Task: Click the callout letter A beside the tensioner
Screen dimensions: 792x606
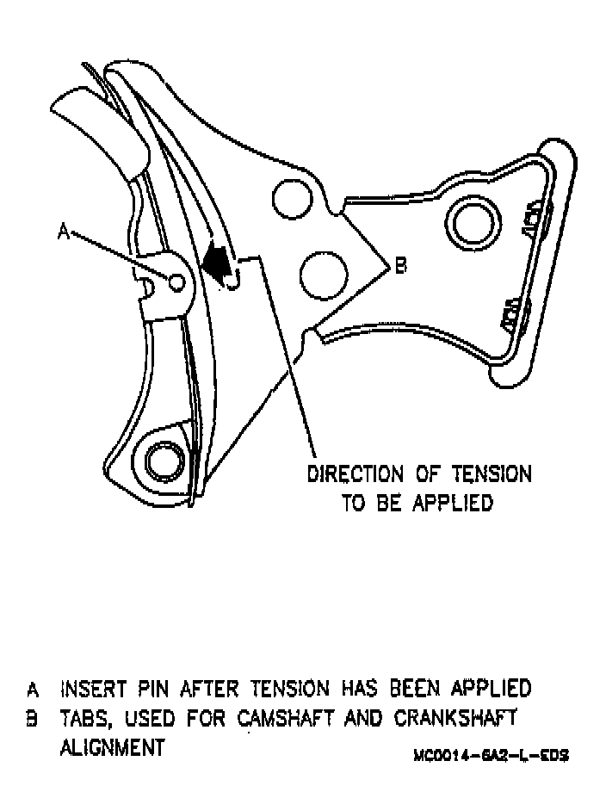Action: (x=62, y=231)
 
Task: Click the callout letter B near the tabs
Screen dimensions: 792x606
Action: (x=400, y=267)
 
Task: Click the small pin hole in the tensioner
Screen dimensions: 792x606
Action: (x=177, y=282)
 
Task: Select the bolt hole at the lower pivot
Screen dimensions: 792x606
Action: (x=160, y=462)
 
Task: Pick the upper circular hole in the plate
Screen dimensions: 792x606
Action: (x=290, y=198)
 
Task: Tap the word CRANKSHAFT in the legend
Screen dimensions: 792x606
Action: (x=464, y=718)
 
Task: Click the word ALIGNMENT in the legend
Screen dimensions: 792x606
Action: (x=112, y=747)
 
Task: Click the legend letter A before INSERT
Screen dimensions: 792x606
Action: (x=33, y=690)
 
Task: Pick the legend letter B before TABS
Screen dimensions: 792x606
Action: (x=33, y=718)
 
